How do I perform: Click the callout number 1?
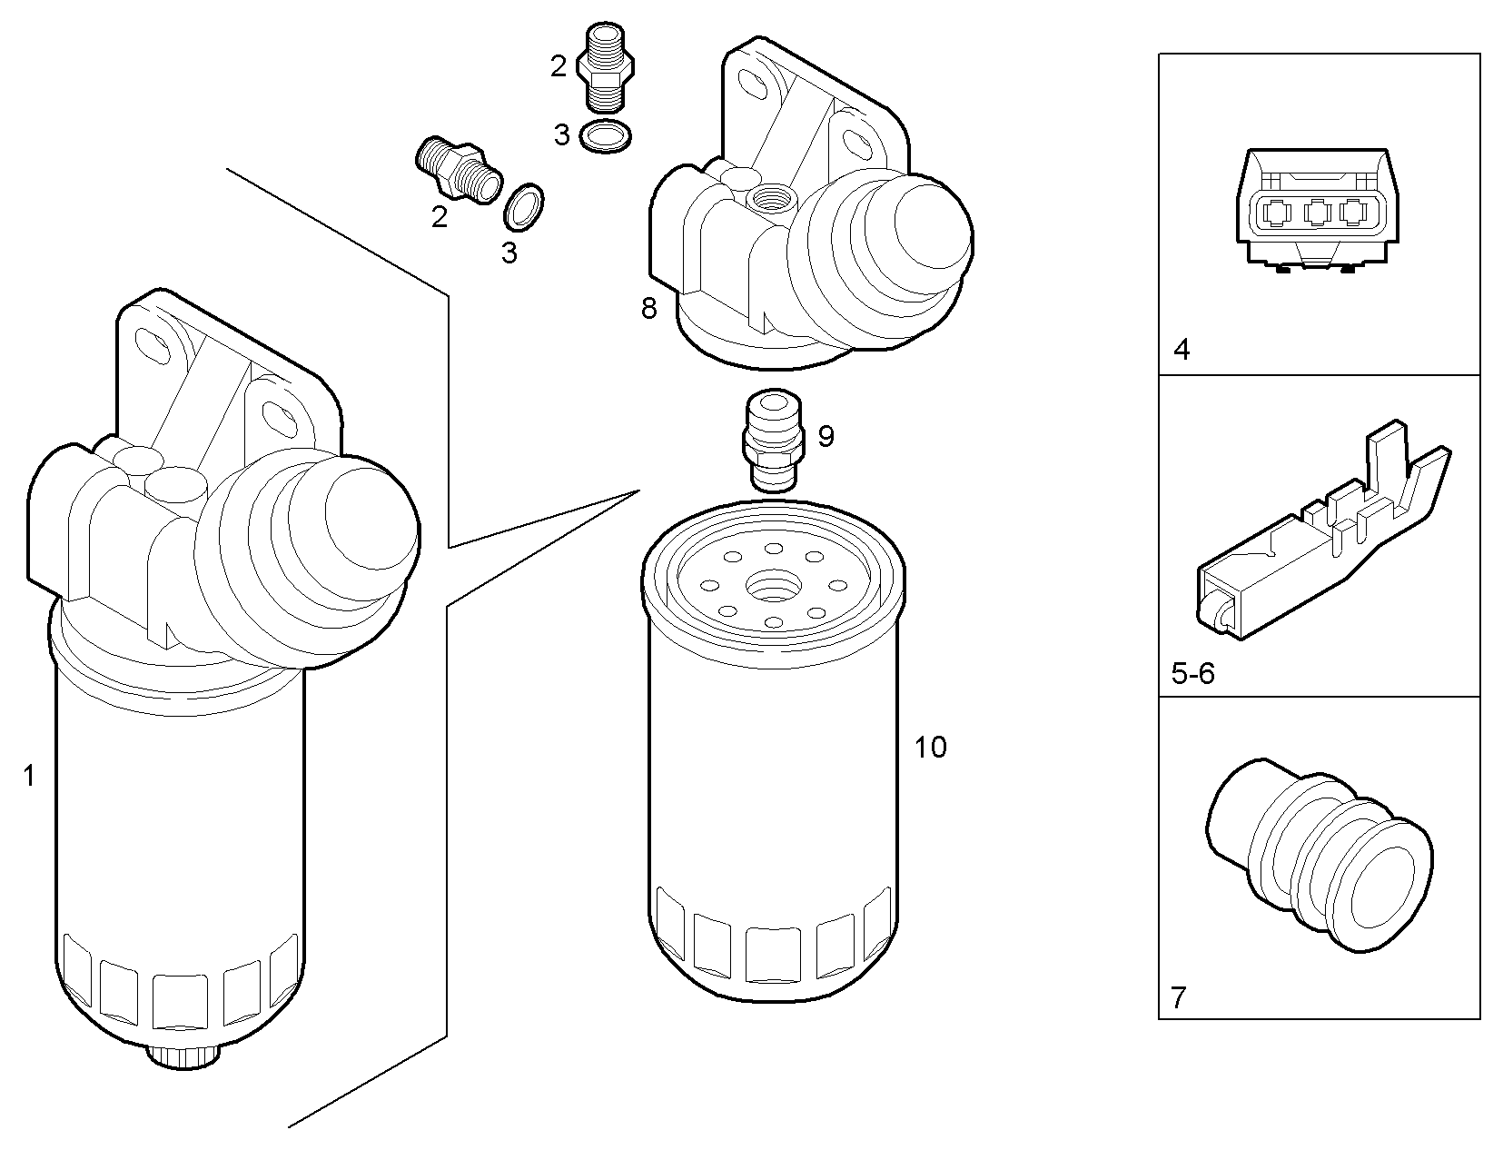click(29, 777)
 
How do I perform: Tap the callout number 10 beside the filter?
click(930, 748)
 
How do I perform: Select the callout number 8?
click(648, 309)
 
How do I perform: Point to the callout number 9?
click(826, 437)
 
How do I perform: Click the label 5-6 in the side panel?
click(1192, 673)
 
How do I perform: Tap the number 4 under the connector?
click(1181, 350)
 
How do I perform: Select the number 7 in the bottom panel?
click(1178, 998)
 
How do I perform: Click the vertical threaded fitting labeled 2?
click(606, 65)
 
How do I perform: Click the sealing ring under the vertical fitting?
click(606, 136)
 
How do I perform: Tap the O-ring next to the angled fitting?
click(524, 206)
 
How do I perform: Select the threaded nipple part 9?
click(772, 440)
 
